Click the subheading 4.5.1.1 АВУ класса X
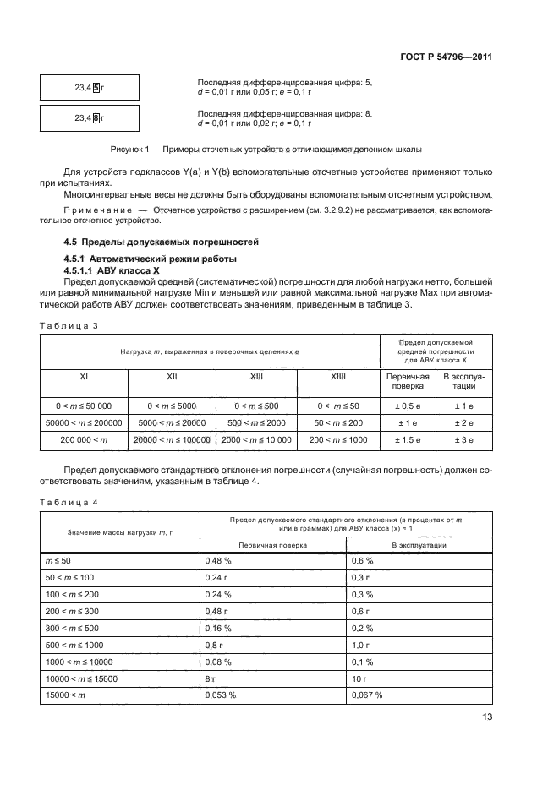(x=110, y=268)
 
